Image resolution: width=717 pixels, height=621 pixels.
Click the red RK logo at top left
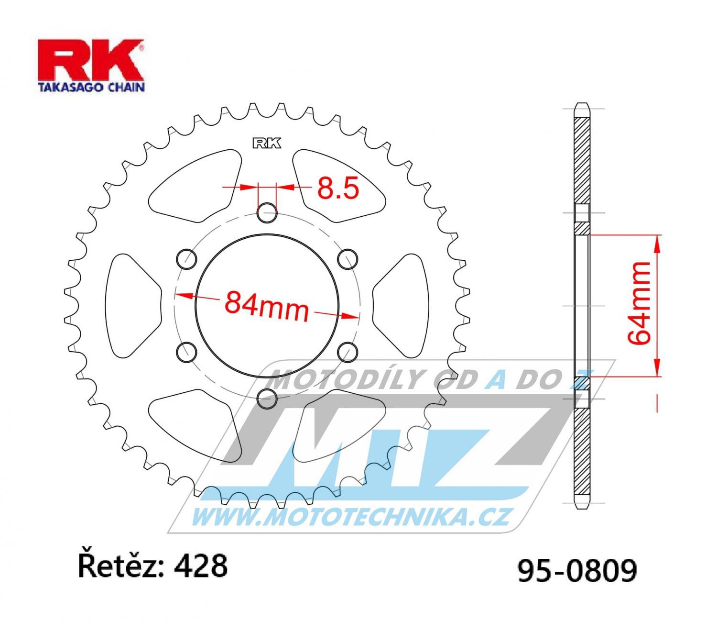pos(91,60)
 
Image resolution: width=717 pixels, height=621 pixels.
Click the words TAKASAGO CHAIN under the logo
pos(91,87)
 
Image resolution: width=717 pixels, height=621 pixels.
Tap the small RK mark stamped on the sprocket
pos(267,144)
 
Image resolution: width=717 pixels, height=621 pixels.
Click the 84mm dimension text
pos(267,307)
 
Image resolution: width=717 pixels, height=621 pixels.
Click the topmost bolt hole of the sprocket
pos(267,213)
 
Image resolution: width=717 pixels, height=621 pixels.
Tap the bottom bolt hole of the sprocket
pos(267,399)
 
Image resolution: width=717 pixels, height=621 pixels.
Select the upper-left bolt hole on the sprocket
pos(186,259)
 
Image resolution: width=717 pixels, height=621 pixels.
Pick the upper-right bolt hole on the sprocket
pos(348,259)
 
